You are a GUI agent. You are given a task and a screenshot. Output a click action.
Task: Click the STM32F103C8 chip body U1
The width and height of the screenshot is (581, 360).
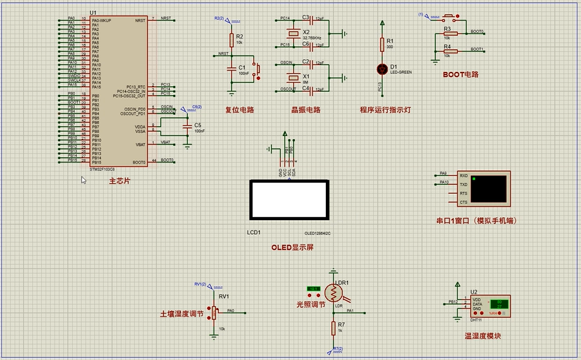(x=119, y=90)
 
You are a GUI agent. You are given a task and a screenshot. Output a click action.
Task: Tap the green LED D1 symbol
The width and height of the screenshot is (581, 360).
(x=382, y=68)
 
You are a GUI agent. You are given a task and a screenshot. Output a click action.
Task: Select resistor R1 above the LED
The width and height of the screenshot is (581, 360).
(x=382, y=44)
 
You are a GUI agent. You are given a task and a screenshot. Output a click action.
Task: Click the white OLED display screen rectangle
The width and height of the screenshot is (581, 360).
(x=289, y=200)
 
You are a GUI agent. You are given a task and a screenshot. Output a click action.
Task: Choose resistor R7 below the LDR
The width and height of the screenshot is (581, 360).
(x=333, y=328)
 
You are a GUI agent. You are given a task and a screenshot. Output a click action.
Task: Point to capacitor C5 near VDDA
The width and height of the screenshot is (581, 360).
(x=187, y=126)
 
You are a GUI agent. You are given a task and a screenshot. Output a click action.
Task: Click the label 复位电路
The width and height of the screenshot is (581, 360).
(x=240, y=110)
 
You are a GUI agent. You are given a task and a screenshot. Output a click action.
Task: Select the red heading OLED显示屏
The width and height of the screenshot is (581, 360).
(x=292, y=248)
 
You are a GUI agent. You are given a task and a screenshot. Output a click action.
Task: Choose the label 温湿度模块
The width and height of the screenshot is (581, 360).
(x=483, y=336)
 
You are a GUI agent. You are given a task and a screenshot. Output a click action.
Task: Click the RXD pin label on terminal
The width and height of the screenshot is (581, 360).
(x=464, y=175)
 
